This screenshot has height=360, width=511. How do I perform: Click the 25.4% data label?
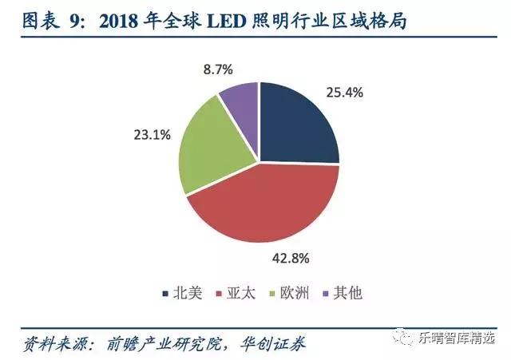coord(345,93)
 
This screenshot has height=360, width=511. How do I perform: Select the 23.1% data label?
coord(152,136)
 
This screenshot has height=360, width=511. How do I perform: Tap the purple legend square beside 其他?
coord(326,293)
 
